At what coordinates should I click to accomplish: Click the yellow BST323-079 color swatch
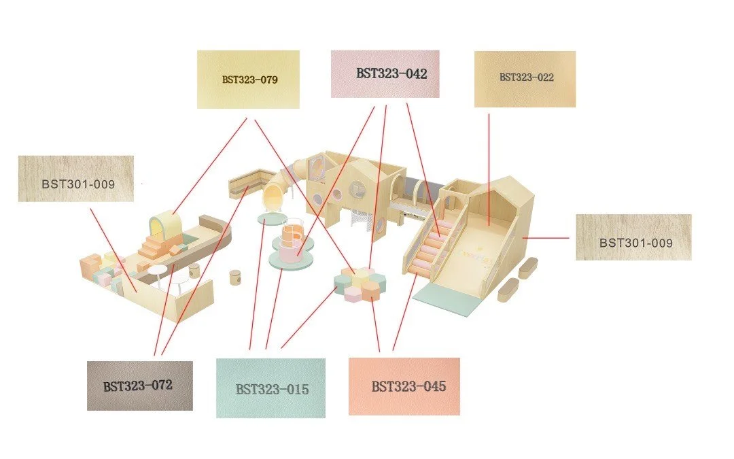click(248, 79)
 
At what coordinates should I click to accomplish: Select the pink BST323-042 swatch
click(385, 73)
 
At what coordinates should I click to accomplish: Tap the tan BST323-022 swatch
click(525, 79)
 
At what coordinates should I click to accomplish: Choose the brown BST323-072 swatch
click(139, 386)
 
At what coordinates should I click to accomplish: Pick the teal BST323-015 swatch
click(270, 388)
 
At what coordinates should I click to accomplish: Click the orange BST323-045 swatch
click(404, 386)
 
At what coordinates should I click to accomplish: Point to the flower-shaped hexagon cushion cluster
click(361, 283)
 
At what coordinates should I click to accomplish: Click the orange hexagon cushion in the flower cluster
click(371, 290)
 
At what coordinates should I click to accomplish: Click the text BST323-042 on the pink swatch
click(391, 73)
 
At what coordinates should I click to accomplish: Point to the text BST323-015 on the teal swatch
click(272, 390)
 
